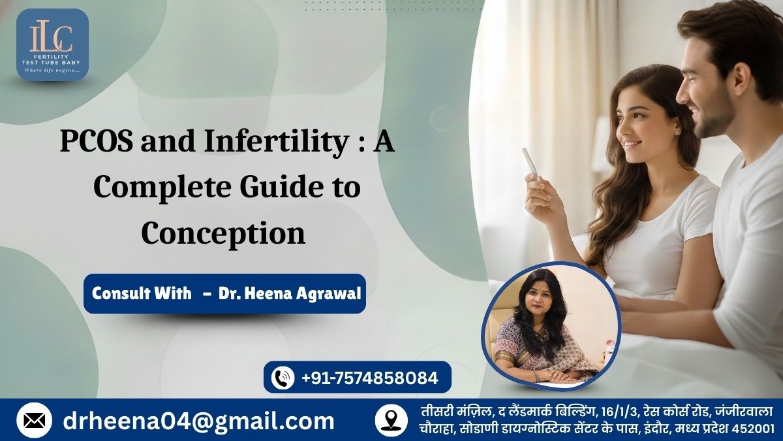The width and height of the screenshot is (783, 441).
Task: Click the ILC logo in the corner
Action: [x=52, y=44]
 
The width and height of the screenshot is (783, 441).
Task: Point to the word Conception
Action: [x=223, y=233]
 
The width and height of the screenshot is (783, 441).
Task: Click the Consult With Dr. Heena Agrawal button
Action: [x=224, y=293]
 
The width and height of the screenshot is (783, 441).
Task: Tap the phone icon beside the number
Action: [x=283, y=378]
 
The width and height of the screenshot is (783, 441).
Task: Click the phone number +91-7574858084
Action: [x=369, y=378]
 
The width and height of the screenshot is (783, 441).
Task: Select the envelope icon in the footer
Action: [x=34, y=421]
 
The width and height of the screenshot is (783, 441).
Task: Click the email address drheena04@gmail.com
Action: [x=198, y=421]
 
